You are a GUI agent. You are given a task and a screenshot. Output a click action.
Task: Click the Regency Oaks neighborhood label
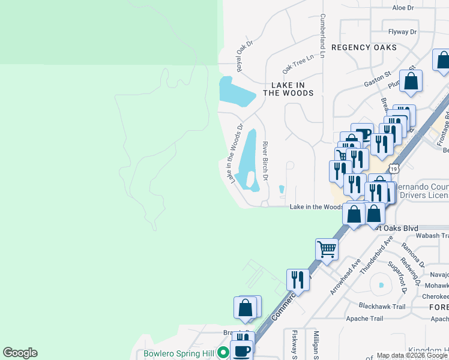(364, 47)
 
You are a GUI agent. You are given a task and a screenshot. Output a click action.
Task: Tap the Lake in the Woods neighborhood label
(288, 89)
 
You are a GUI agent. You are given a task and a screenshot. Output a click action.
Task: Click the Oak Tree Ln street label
(298, 61)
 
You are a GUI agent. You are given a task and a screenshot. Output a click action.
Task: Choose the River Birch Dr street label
(265, 160)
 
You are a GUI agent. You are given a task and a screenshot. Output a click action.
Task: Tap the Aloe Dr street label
(403, 8)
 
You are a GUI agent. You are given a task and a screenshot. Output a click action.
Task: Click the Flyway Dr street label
(402, 31)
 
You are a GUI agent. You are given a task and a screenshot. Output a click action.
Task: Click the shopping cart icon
(327, 248)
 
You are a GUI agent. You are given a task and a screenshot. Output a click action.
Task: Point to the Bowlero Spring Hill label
(178, 353)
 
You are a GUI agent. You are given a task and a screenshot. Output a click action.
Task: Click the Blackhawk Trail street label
(382, 306)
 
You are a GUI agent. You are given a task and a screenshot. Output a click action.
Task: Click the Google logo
(20, 353)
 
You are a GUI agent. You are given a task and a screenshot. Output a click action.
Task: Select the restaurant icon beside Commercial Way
(298, 278)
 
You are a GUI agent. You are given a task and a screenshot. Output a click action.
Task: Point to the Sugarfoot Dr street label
(397, 277)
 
